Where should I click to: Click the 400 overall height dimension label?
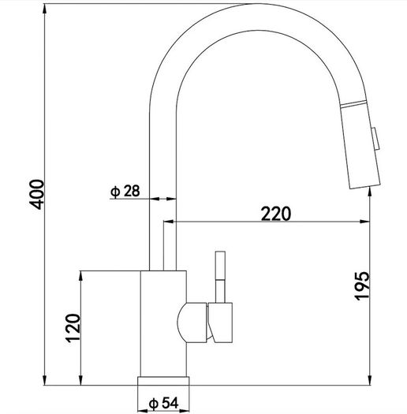(36, 195)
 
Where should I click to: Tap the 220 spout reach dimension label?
(276, 214)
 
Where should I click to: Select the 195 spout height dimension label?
(361, 285)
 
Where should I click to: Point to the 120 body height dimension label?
(73, 328)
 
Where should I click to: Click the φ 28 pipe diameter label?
(125, 191)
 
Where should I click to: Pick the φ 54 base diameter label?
(164, 403)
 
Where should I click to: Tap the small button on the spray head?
(375, 139)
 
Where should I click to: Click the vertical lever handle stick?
(220, 277)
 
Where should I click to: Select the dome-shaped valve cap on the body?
(192, 323)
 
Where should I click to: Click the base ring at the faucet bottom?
(163, 381)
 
